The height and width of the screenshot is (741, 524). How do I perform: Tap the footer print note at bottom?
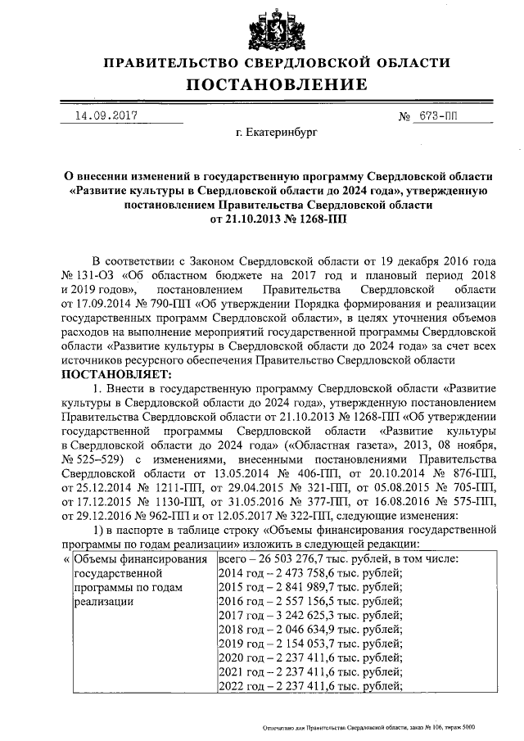pyautogui.click(x=368, y=727)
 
